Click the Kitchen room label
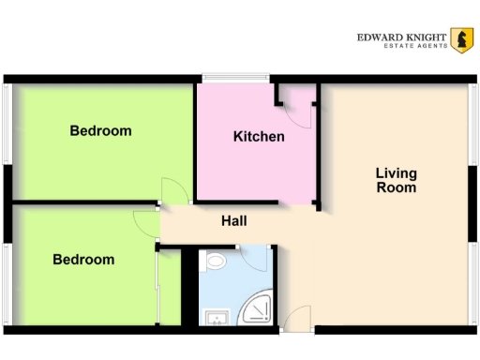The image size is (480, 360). click(259, 137)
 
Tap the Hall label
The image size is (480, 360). click(234, 221)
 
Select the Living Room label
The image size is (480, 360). click(396, 180)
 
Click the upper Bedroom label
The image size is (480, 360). click(100, 130)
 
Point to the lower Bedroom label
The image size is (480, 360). click(83, 260)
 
